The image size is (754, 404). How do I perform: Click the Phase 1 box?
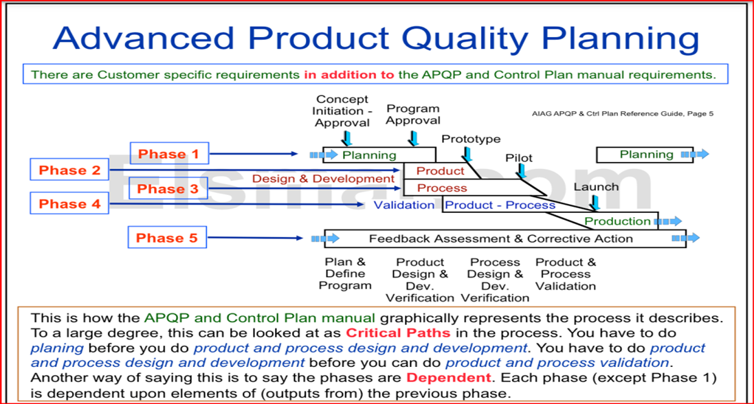click(x=168, y=154)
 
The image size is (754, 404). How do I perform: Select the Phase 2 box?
click(x=69, y=170)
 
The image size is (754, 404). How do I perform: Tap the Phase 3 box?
click(x=168, y=188)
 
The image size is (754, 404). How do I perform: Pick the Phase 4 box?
click(x=69, y=203)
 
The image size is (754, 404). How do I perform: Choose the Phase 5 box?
click(x=167, y=238)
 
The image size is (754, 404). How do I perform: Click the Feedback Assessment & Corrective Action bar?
click(x=500, y=238)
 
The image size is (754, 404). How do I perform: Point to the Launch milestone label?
click(x=596, y=187)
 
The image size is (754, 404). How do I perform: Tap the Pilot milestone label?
click(x=519, y=158)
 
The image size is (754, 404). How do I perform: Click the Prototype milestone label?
click(x=471, y=139)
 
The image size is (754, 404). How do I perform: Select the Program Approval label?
click(x=413, y=114)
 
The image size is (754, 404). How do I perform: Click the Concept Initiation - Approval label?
click(x=342, y=111)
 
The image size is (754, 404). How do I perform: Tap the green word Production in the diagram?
click(x=617, y=221)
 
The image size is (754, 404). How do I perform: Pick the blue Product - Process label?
click(x=500, y=205)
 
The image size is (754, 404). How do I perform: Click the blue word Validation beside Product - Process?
click(x=404, y=205)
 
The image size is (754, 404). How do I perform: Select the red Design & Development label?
click(x=323, y=179)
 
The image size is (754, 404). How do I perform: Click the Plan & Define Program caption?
click(x=345, y=273)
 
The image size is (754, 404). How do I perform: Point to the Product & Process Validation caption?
click(x=566, y=273)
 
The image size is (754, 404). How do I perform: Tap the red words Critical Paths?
click(x=398, y=333)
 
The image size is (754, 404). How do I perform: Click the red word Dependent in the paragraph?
click(x=448, y=378)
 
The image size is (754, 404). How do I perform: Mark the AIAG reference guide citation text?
click(x=623, y=113)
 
